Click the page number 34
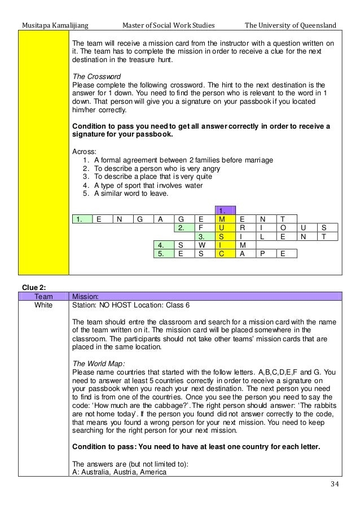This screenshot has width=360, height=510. point(335,484)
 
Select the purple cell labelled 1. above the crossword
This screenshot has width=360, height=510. point(225,210)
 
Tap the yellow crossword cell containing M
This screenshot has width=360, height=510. point(225,219)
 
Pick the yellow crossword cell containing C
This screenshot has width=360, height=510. point(225,254)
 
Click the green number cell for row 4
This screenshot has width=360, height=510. point(164,245)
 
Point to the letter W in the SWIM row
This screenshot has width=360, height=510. point(201,245)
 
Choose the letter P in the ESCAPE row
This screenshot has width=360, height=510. point(262,254)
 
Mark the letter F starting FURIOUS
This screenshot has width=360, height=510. point(201,228)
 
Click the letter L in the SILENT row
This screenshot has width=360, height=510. point(262,236)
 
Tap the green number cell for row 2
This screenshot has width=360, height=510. point(185,228)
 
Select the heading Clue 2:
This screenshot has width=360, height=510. point(34,288)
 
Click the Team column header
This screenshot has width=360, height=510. point(43,296)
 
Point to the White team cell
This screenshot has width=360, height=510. point(43,305)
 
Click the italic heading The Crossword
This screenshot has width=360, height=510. point(96,76)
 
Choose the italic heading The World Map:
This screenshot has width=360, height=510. point(99,364)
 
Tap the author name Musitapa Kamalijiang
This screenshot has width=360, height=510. point(55,25)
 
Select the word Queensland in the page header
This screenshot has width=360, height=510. point(318,25)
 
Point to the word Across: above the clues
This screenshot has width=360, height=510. point(84,152)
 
